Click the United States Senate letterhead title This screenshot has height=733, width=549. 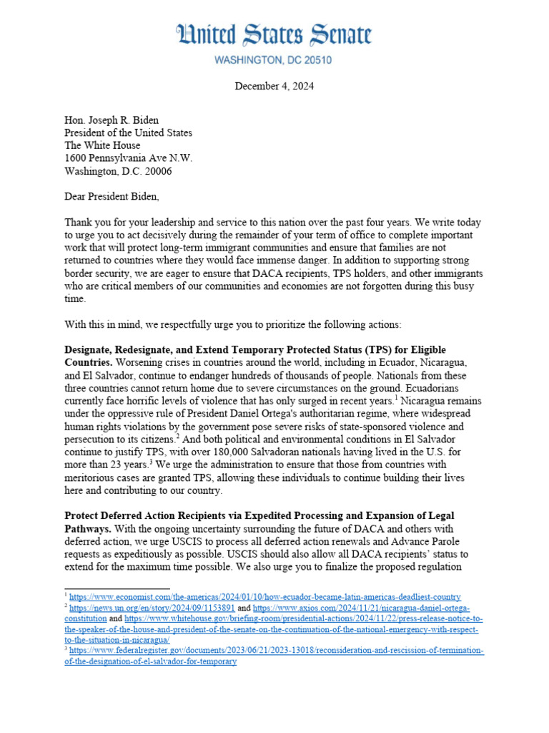274,36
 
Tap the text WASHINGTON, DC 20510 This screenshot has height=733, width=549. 274,61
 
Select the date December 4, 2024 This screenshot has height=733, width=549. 274,87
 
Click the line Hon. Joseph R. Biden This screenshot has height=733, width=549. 112,120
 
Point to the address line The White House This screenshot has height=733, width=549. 102,146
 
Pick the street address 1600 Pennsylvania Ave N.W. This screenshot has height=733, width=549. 128,159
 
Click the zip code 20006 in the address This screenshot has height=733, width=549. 157,172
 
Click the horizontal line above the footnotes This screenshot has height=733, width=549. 107,589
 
